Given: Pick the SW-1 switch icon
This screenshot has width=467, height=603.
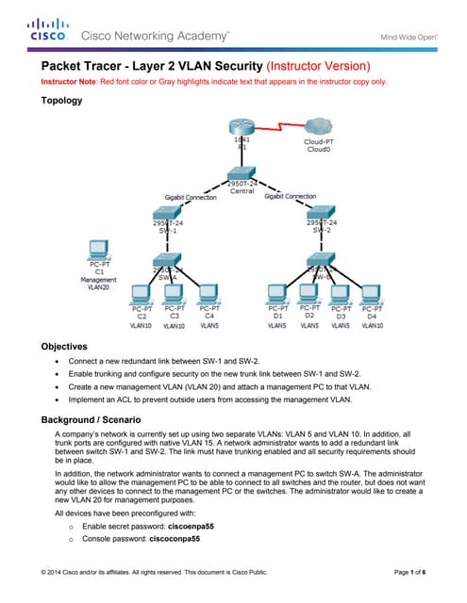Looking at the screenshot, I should pyautogui.click(x=167, y=213).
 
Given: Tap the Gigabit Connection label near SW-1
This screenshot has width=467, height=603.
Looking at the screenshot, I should pyautogui.click(x=191, y=197).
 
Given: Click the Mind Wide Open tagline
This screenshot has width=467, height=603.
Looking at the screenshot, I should pyautogui.click(x=408, y=37).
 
